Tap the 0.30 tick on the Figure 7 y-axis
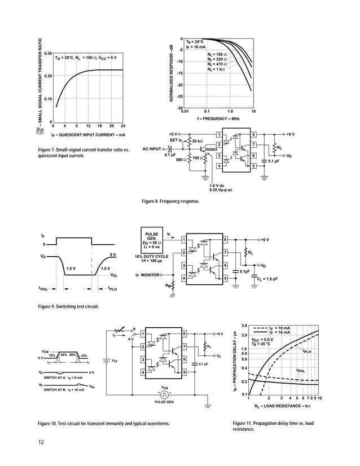coord(48,52)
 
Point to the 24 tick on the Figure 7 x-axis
coord(122,125)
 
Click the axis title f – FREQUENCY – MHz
coord(218,120)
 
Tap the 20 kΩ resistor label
coord(197,140)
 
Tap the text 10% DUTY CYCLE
coord(152,256)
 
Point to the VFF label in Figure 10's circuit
coord(115,360)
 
